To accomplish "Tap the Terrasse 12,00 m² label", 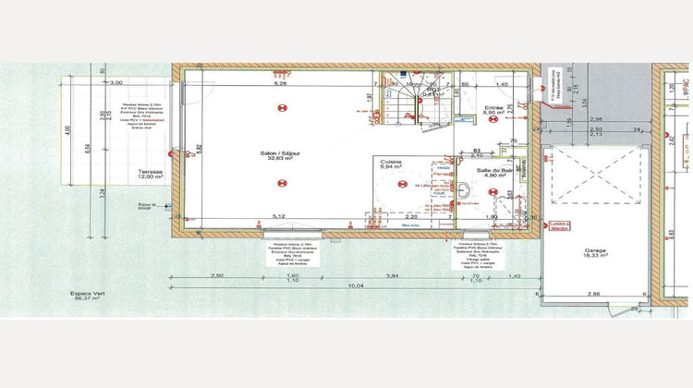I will [x=151, y=175].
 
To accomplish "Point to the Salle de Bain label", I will [x=494, y=173].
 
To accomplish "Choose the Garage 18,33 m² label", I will [x=595, y=253].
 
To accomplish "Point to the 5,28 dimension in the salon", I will [x=279, y=84].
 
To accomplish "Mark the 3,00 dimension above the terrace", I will [x=116, y=83].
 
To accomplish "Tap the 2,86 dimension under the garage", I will [x=596, y=293].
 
